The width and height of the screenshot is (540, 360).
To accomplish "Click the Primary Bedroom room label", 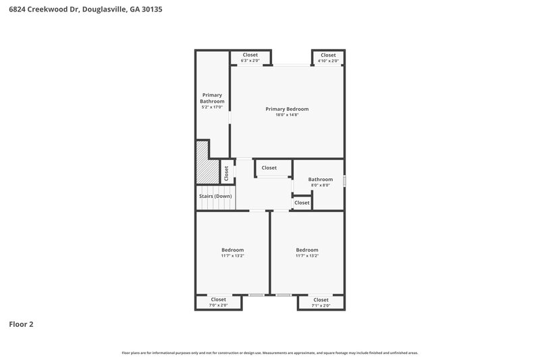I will coord(287,109).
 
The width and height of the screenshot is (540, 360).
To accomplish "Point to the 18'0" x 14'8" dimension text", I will coord(287,115).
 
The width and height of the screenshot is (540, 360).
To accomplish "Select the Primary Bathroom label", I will coord(212,98).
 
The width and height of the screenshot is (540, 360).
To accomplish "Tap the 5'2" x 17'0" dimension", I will coord(212,107).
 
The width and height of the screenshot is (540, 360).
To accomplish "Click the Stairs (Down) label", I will coord(215,196).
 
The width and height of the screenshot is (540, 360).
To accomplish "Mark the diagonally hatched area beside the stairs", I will coord(202,161).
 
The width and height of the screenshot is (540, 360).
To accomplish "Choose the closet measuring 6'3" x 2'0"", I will coord(250,57).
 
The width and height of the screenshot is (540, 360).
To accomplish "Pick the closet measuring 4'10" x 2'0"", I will coord(328,57).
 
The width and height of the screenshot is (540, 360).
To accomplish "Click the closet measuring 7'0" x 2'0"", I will coord(218,302).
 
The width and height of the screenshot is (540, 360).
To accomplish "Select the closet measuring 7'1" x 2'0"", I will coord(321,302).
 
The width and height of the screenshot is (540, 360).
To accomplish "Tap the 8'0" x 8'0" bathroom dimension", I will coord(321,185).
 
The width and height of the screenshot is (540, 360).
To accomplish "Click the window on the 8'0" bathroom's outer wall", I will coord(344,181).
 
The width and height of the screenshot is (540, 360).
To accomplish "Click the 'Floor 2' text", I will coord(21,324).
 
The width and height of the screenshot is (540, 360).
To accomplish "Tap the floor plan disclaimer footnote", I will coord(270,353).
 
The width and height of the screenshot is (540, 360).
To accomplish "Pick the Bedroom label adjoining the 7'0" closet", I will coord(232,250).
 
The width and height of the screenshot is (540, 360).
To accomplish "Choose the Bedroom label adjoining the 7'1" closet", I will coord(306,250).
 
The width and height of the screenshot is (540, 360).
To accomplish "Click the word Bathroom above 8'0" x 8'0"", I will coord(321,179).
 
